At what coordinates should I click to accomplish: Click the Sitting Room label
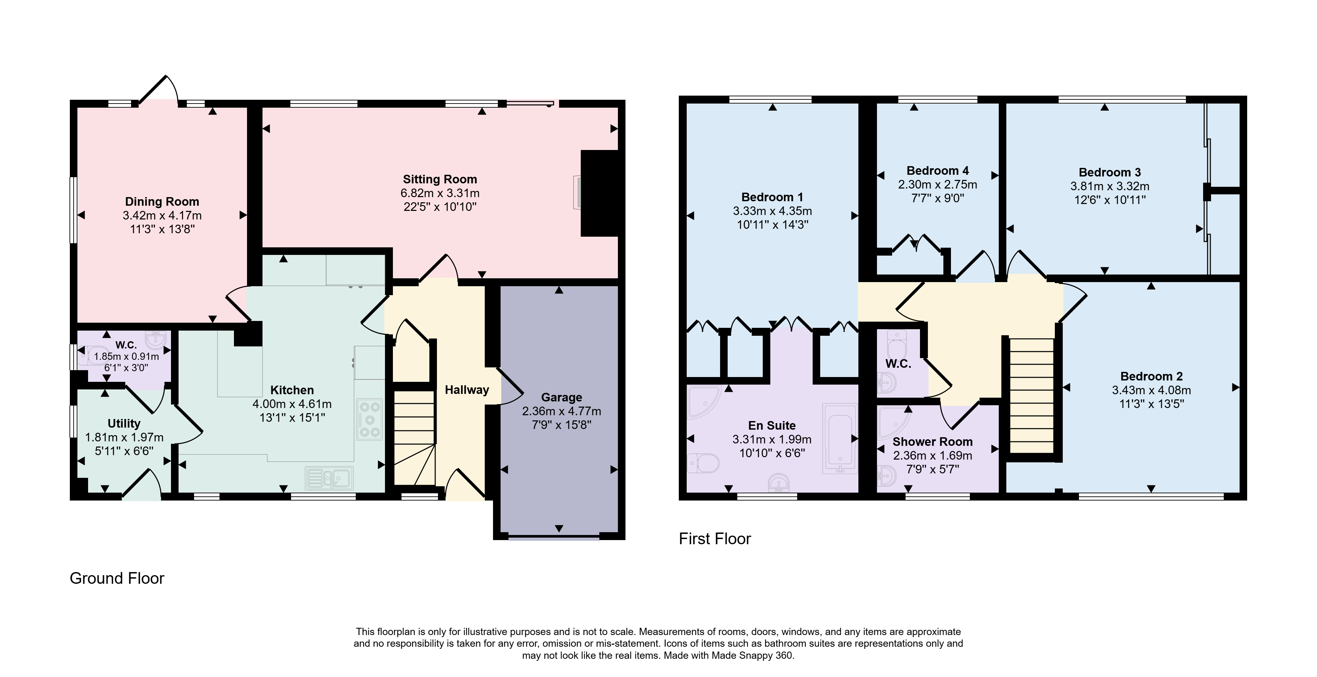[x=440, y=180]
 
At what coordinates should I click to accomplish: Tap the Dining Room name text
[x=162, y=202]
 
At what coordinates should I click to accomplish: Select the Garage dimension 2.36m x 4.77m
[x=561, y=411]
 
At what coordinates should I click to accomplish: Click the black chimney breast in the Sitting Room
[x=599, y=193]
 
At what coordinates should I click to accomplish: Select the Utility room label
[x=124, y=424]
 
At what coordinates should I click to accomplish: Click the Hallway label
[x=467, y=390]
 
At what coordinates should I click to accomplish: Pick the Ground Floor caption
[x=117, y=578]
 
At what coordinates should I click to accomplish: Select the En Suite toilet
[x=703, y=464]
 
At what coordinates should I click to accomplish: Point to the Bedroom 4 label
[x=938, y=171]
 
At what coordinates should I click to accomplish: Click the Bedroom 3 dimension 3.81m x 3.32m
[x=1110, y=186]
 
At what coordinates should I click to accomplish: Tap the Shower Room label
[x=933, y=442]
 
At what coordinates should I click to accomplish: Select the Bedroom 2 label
[x=1152, y=377]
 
